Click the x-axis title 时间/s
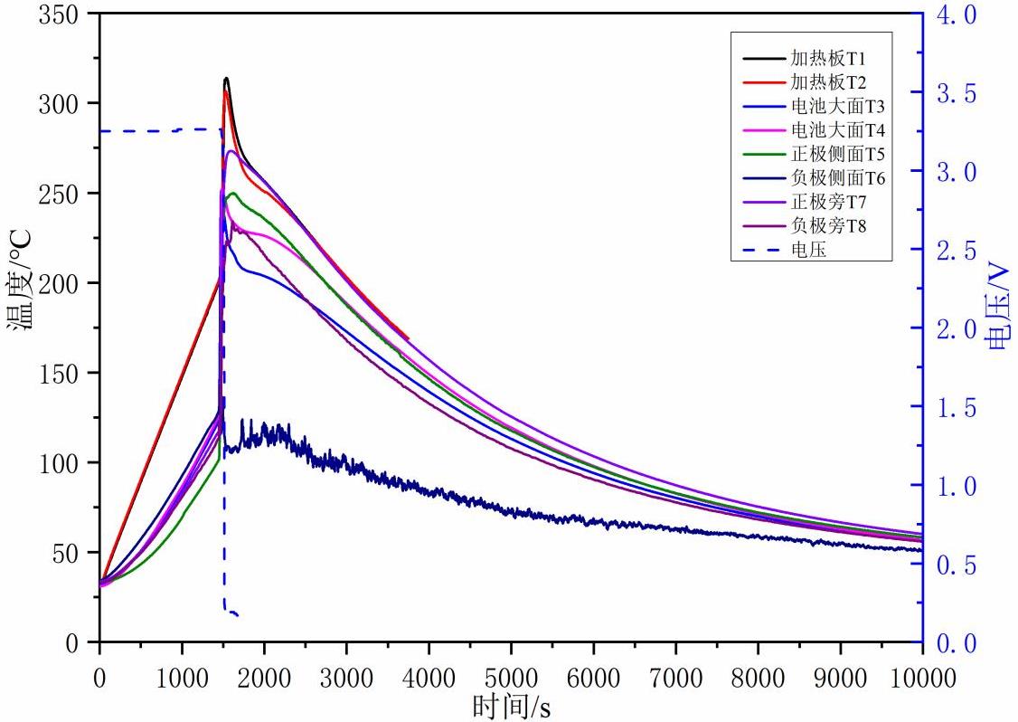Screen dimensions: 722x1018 (x=511, y=704)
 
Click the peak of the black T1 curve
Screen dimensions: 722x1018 (x=226, y=79)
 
